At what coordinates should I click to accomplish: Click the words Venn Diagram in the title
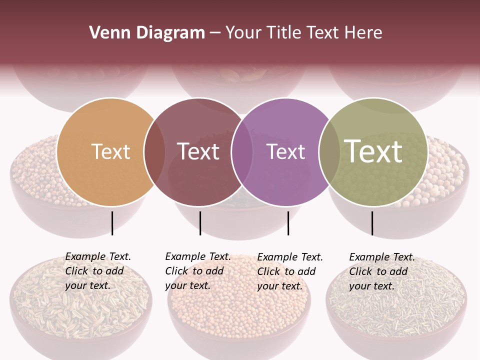coord(146,33)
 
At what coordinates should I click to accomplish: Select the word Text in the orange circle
coord(110,151)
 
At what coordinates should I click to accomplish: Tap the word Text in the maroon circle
coord(198,151)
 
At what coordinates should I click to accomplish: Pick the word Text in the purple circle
coord(285,151)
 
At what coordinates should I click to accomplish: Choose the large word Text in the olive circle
coord(373,151)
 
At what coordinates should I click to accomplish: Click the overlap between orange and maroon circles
coord(154,152)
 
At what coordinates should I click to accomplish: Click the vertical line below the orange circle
coord(112,223)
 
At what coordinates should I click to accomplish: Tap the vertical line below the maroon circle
coord(200,223)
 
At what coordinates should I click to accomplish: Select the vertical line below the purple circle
coord(288,223)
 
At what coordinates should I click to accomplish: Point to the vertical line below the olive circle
coord(372,223)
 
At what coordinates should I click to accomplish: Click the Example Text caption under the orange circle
coord(97,270)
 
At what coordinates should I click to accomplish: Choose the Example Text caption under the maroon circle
coord(197,270)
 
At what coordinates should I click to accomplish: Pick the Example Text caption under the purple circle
coord(289,271)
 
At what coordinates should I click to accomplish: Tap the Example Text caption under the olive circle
coord(381,271)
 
